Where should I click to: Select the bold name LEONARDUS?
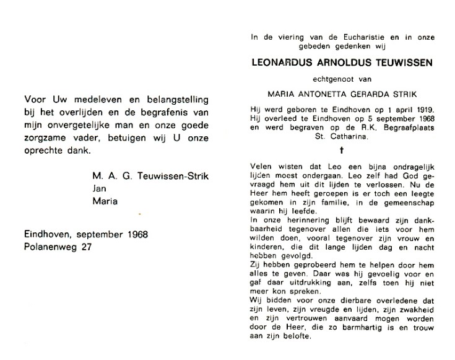click(x=282, y=63)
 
